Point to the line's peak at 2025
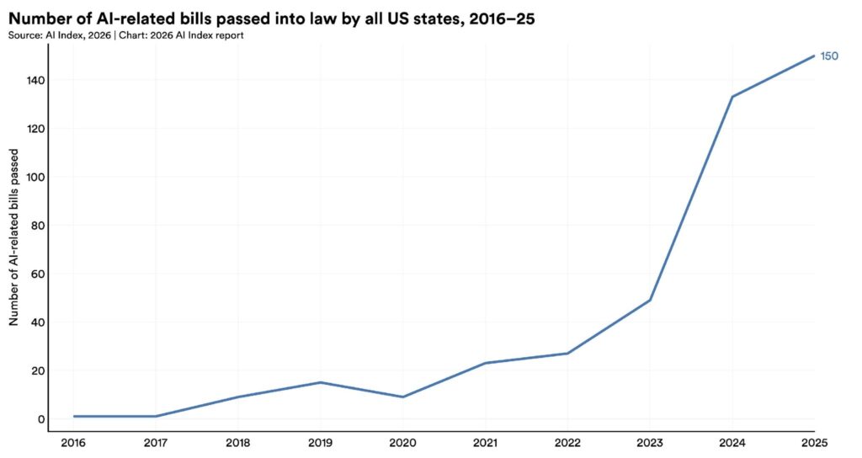[814, 56]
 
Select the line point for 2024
[732, 97]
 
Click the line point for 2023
[650, 300]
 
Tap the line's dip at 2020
[403, 397]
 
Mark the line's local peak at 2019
[321, 382]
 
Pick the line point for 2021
[486, 363]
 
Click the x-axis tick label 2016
[73, 444]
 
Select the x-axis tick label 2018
[238, 444]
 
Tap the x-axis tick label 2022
[567, 444]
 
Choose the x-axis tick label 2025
[814, 444]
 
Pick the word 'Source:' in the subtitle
[26, 35]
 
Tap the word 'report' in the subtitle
[231, 35]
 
